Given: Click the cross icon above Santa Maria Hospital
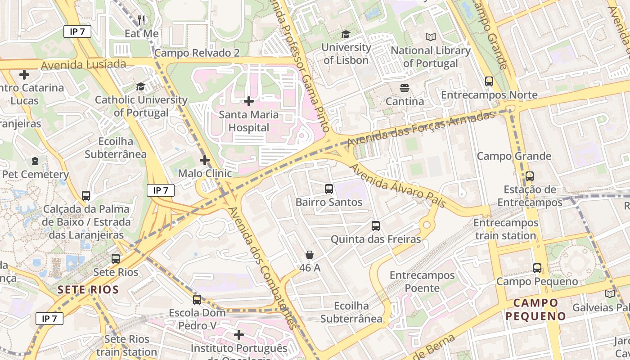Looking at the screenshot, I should click(248, 101).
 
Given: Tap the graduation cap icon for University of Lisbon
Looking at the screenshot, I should click(346, 34).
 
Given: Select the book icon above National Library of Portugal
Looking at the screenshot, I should click(431, 37).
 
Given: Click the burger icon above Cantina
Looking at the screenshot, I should click(405, 88).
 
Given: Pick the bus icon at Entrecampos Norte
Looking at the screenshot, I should click(489, 81).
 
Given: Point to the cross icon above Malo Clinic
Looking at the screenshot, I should click(205, 160).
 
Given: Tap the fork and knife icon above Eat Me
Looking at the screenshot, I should click(142, 20).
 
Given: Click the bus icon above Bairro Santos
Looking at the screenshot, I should click(329, 189).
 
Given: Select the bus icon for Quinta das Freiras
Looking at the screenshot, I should click(376, 226).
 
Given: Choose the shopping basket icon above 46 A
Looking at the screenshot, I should click(310, 255).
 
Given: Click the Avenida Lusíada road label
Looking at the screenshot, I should click(83, 65).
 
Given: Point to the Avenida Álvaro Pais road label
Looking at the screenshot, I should click(398, 185).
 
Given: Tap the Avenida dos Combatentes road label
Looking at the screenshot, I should click(262, 267).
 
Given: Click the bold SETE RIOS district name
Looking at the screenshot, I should click(88, 290).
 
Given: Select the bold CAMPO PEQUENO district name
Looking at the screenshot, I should click(535, 309).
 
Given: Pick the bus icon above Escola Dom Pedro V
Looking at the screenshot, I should click(197, 299).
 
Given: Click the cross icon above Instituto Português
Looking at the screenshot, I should click(239, 335).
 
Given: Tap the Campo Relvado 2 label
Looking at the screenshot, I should click(197, 53).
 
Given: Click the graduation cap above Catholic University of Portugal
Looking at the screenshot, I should click(141, 86).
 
